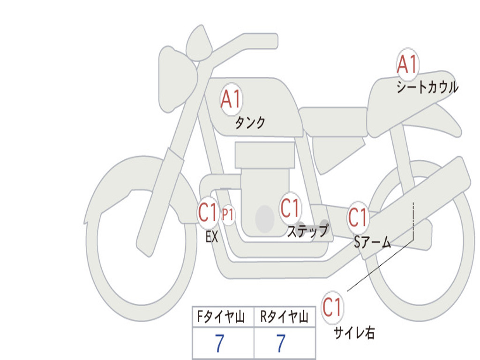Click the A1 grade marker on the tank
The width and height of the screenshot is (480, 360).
[231, 99]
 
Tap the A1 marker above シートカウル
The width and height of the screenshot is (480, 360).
[407, 64]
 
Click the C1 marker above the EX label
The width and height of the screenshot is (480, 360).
[208, 213]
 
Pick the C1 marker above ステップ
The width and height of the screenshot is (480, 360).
[290, 208]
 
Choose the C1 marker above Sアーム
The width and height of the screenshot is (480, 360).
[358, 217]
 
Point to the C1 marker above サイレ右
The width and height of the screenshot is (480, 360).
[332, 308]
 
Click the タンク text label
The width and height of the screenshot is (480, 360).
[250, 123]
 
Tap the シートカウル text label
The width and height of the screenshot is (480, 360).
[427, 87]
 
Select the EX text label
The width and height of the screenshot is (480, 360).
[212, 237]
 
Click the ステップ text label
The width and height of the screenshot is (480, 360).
[307, 231]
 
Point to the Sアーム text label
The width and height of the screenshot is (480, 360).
[372, 242]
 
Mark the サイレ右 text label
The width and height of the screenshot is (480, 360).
[354, 333]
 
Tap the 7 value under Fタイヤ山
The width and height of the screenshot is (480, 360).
[219, 344]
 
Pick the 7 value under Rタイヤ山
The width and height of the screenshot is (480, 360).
[280, 344]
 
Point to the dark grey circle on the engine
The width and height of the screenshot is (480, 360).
[265, 218]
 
